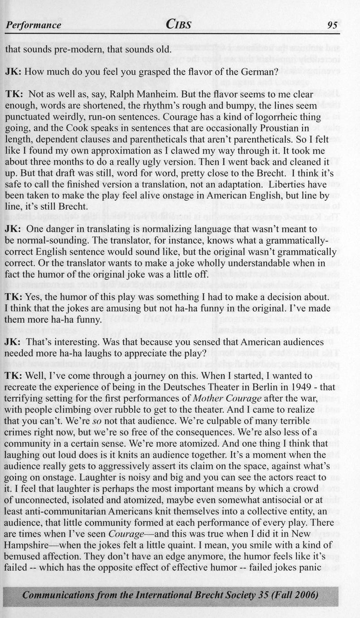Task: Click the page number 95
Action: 332,25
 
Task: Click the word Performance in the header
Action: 33,25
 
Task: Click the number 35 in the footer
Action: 265,595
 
